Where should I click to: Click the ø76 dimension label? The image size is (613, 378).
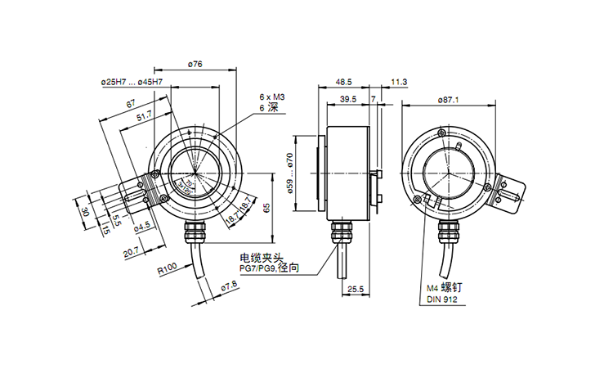[195, 64]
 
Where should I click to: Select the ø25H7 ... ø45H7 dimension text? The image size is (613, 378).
[131, 83]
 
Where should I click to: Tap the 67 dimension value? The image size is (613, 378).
[131, 104]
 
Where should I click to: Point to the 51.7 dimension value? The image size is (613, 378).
[144, 119]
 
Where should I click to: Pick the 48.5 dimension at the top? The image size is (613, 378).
[343, 82]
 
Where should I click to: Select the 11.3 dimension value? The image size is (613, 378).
[400, 82]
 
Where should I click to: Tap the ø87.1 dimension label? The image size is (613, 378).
[450, 100]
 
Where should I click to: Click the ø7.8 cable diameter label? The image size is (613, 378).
[229, 285]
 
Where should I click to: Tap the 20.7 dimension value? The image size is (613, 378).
[131, 253]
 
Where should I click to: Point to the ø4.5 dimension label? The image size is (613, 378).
[143, 224]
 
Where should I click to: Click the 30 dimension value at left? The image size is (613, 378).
[85, 212]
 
